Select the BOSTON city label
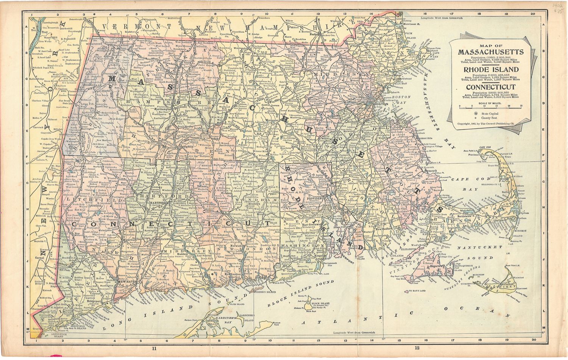point(380,104)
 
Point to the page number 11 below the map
point(154,348)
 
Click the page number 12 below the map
point(417,348)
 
